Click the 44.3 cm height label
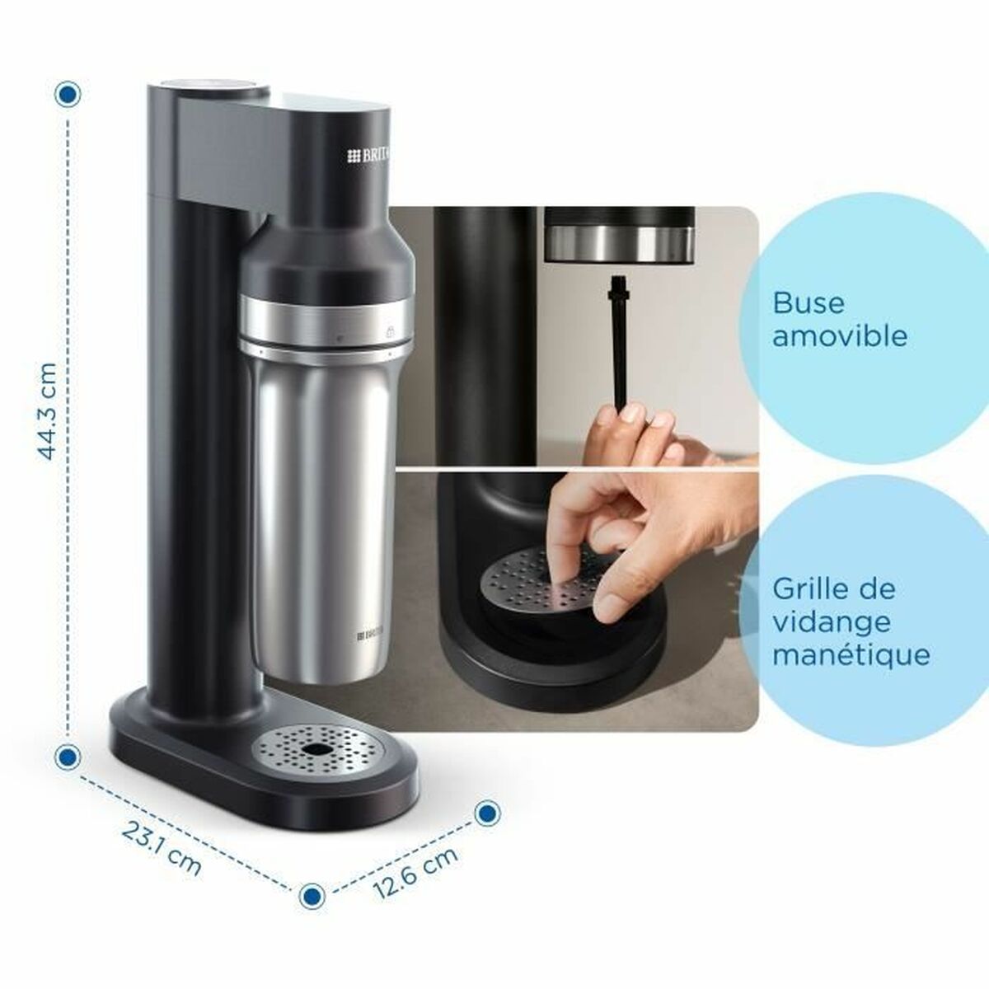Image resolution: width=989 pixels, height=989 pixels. point(48,411)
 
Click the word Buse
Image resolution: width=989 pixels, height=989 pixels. point(797,302)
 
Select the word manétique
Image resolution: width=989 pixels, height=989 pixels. point(851,655)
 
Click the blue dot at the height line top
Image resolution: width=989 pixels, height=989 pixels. point(68,94)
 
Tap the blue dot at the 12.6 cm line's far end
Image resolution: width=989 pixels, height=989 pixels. point(487,813)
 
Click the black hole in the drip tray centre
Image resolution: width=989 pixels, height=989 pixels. point(316,750)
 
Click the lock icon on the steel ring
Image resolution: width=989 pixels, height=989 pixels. point(389,330)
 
